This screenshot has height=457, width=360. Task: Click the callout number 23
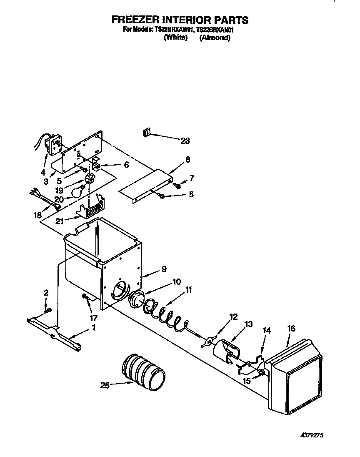185,141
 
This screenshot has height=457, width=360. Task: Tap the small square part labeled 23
146,133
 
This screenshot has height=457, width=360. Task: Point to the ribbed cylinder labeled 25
143,371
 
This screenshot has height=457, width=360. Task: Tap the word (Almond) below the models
215,38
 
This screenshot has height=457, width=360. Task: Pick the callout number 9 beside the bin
164,269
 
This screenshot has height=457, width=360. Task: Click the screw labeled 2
47,309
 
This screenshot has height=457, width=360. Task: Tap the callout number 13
249,324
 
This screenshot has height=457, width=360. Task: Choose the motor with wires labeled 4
52,143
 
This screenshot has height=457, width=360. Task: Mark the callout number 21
60,222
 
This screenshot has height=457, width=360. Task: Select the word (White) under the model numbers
175,38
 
